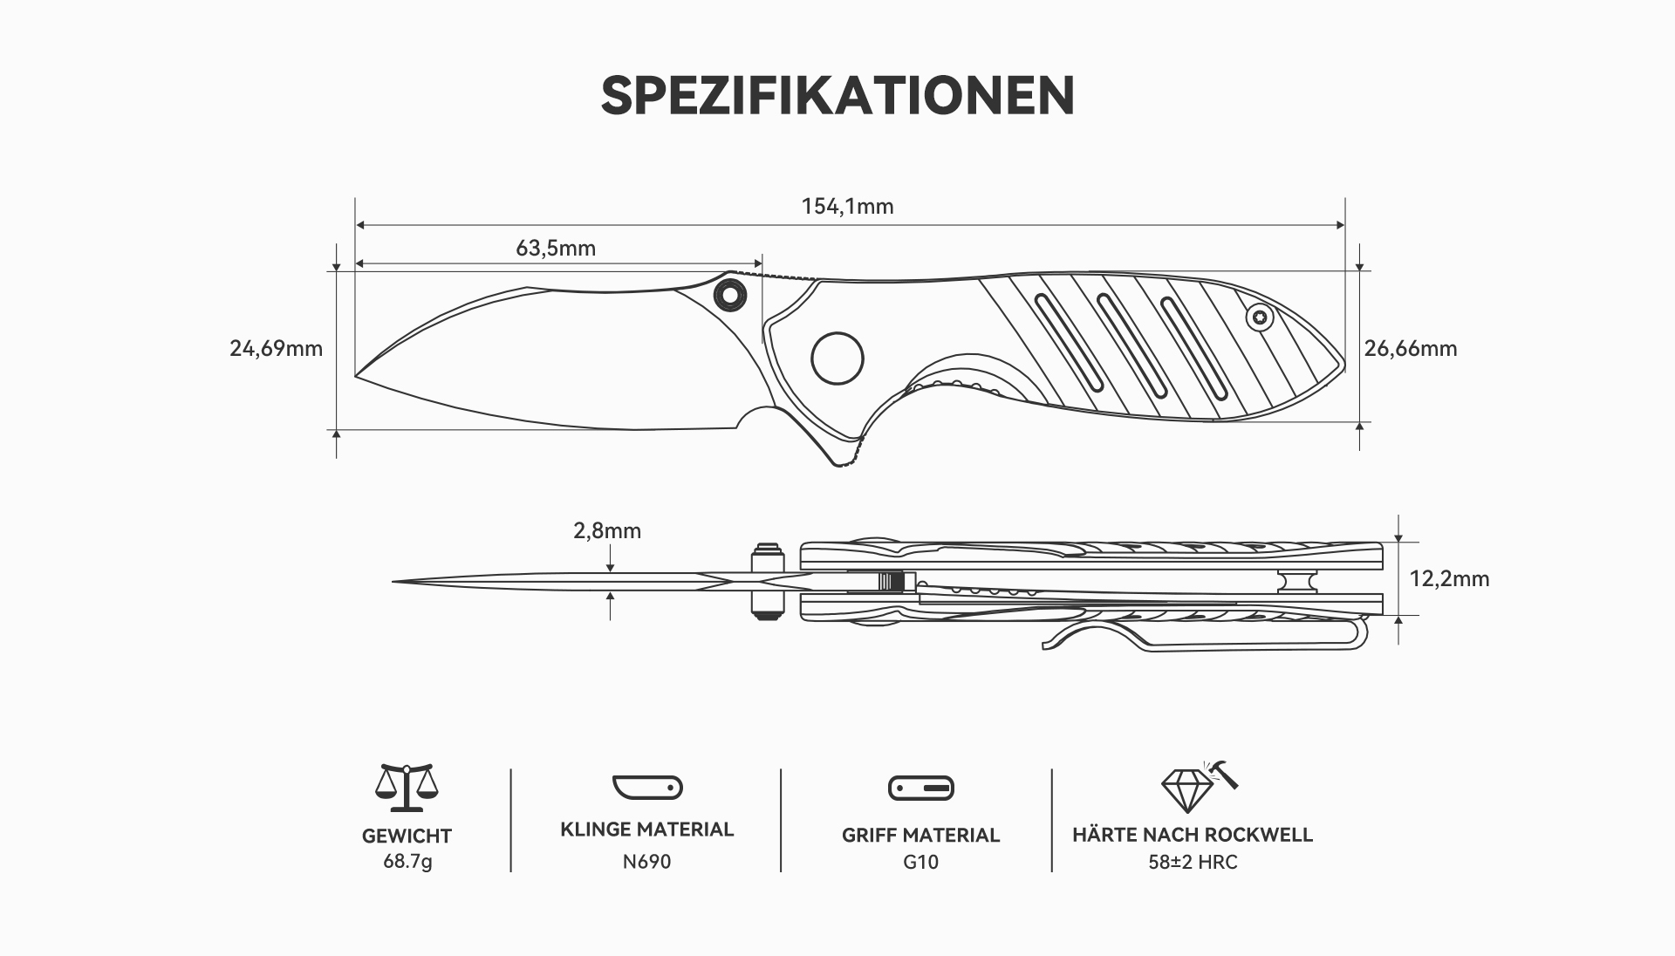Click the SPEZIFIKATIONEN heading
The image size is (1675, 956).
point(837,95)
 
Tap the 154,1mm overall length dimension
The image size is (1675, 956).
point(848,207)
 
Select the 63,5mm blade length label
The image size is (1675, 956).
point(556,249)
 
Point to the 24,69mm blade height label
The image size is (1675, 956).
point(277,349)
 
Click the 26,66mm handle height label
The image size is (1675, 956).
point(1411,349)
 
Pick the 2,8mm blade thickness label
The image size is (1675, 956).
point(607,531)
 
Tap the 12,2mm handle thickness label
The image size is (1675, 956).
point(1450,579)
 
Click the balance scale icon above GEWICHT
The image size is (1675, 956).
point(407,788)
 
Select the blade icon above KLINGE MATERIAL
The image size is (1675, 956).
point(647,788)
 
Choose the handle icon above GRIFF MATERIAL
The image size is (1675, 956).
point(921,789)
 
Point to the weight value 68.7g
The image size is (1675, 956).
point(407,862)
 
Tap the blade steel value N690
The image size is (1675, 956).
point(647,862)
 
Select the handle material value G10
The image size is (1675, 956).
point(921,862)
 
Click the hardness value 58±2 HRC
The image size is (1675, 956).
point(1193,862)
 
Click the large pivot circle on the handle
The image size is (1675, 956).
point(837,358)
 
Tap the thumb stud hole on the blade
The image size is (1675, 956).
point(729,294)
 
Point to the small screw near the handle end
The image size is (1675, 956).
point(1259,318)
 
